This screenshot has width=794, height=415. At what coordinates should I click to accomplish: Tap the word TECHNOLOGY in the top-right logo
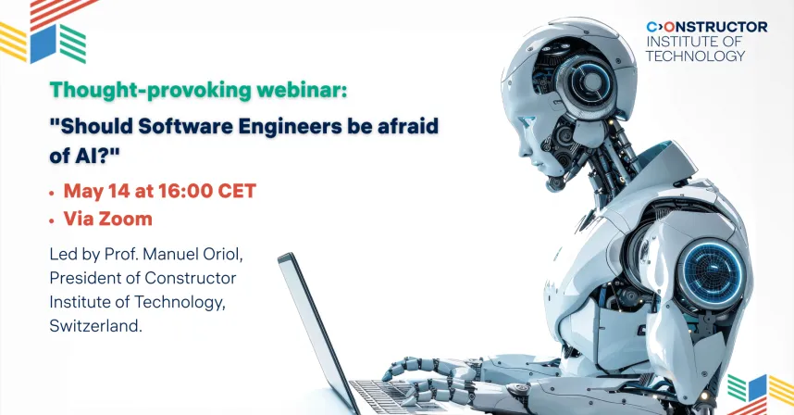(695, 56)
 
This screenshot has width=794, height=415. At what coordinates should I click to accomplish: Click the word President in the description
(85, 278)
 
